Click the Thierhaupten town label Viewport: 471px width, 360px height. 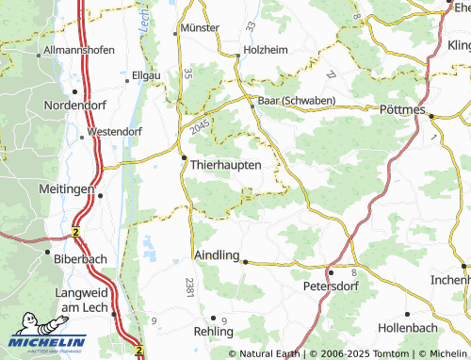[232, 164]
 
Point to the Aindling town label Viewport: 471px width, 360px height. [217, 255]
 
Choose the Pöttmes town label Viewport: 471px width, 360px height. [404, 110]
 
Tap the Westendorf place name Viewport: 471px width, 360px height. [119, 133]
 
